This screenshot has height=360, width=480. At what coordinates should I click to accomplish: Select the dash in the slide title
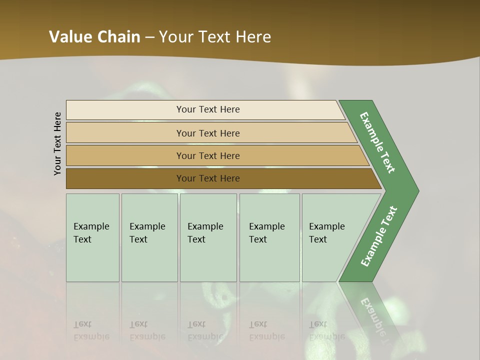pyautogui.click(x=149, y=37)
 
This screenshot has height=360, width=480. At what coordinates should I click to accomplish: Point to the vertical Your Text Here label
pyautogui.click(x=57, y=143)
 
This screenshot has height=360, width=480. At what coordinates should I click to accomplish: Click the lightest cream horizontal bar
pyautogui.click(x=205, y=109)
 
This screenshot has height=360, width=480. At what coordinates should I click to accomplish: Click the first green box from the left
pyautogui.click(x=92, y=237)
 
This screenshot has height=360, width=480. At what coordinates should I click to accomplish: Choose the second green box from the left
pyautogui.click(x=149, y=237)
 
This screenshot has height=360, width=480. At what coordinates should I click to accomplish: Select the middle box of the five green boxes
pyautogui.click(x=208, y=237)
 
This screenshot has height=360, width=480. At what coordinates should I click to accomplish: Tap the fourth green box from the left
pyautogui.click(x=269, y=237)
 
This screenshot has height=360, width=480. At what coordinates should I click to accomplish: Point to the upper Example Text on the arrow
pyautogui.click(x=377, y=142)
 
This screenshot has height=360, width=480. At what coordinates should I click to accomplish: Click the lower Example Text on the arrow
pyautogui.click(x=378, y=236)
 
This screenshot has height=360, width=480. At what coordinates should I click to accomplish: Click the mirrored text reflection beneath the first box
pyautogui.click(x=91, y=330)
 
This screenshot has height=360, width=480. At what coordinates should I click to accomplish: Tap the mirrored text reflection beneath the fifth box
pyautogui.click(x=326, y=330)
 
